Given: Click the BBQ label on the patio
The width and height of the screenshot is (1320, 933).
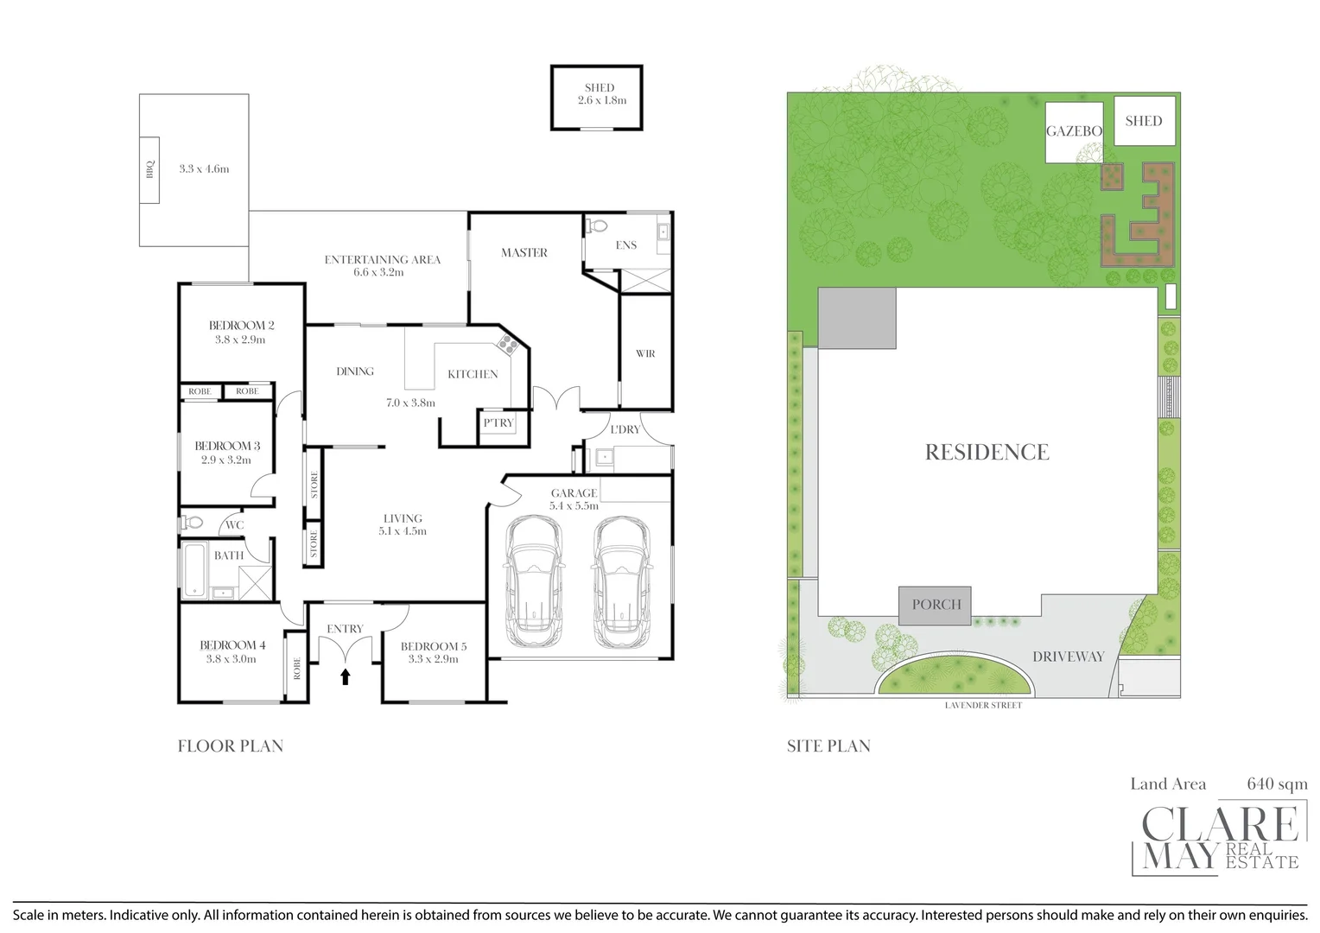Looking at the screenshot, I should tap(150, 169).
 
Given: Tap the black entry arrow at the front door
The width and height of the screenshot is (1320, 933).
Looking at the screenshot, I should tap(346, 676).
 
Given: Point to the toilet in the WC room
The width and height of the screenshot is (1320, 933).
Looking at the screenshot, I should tap(191, 523).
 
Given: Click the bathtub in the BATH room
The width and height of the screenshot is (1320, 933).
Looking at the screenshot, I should tap(194, 568).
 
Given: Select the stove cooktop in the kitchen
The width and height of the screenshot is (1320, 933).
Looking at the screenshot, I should tap(505, 346).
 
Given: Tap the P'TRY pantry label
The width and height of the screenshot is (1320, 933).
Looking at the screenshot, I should tap(498, 423).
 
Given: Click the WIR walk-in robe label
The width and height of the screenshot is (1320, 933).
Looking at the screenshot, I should tap(645, 354).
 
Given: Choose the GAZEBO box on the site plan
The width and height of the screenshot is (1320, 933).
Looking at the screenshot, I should tap(1074, 132).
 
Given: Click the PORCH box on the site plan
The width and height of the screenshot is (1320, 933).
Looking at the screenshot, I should tap(936, 605).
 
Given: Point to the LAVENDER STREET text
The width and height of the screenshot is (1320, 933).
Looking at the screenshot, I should tap(983, 706).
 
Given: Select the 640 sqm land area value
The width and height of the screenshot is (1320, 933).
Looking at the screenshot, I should tap(1277, 784).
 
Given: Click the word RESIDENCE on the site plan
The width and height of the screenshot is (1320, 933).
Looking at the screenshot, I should tap(987, 452).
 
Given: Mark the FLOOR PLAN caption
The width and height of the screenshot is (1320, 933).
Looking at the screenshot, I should tap(231, 746).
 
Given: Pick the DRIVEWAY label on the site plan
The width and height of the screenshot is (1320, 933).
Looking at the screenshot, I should tap(1069, 657).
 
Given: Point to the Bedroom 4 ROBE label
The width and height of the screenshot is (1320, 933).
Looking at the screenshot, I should tap(296, 668).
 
